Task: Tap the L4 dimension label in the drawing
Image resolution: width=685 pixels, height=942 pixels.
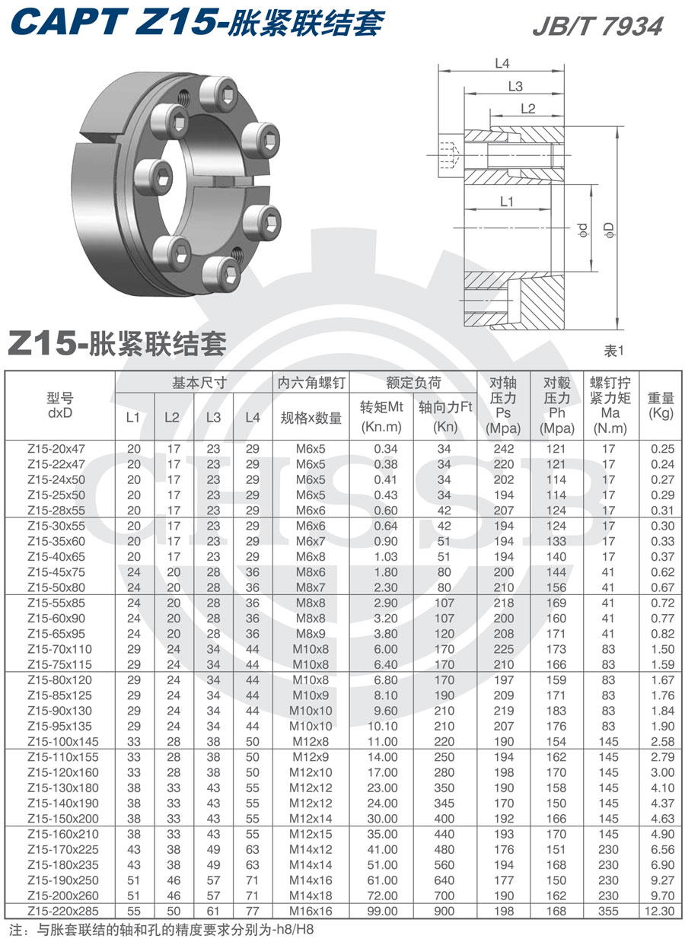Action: (502, 64)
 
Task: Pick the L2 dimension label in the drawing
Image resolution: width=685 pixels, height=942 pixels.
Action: (528, 109)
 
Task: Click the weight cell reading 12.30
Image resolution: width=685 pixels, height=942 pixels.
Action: (661, 911)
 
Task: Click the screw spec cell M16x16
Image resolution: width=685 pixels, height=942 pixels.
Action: (311, 911)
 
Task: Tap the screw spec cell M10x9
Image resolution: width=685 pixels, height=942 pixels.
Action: (311, 695)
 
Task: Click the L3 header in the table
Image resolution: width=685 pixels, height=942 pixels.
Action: (213, 417)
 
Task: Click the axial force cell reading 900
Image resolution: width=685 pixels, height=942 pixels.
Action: (444, 911)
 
